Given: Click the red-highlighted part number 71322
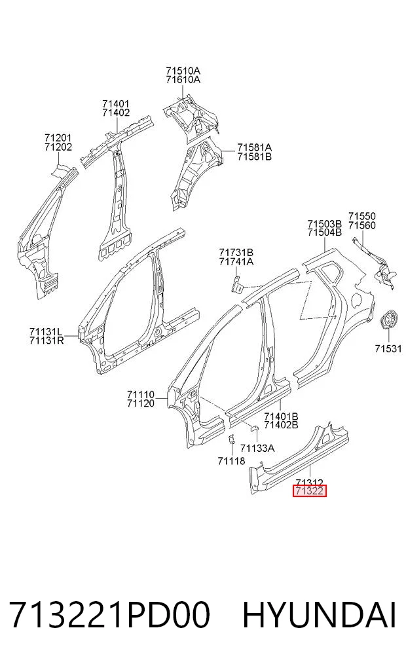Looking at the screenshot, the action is (x=310, y=491).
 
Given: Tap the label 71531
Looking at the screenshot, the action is (x=388, y=348).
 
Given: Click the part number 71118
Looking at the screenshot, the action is (x=231, y=461).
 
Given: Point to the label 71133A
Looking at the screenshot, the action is (x=257, y=448).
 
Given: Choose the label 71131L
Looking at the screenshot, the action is (x=46, y=331).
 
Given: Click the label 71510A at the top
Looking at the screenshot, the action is (x=183, y=71).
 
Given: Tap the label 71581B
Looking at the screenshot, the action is (x=254, y=157).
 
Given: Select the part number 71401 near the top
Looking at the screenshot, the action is (x=116, y=103).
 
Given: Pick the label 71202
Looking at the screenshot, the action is (x=58, y=147).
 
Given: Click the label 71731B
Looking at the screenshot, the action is (x=236, y=253).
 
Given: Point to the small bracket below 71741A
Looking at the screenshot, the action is (x=238, y=284).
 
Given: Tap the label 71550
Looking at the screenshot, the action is (x=362, y=216).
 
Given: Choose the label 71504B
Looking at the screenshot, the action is (x=325, y=232).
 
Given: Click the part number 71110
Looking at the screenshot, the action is (x=141, y=395).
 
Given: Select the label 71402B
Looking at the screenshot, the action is (x=281, y=425).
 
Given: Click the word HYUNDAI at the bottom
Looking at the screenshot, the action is (x=320, y=615).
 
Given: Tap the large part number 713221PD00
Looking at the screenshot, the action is (x=109, y=615).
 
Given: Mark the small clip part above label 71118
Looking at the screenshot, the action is (x=232, y=439).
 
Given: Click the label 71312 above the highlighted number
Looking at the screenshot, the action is (x=310, y=483).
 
